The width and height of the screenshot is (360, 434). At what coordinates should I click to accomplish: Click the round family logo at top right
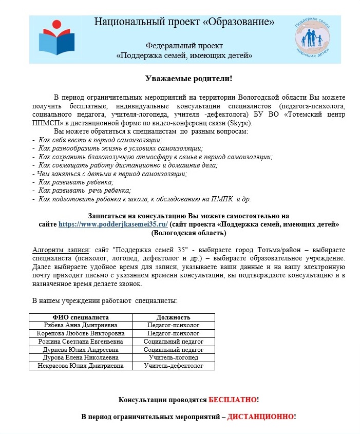(x=312, y=40)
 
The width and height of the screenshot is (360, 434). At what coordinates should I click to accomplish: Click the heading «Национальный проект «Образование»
(x=184, y=22)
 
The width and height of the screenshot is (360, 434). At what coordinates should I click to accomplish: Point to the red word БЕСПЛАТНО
(x=232, y=400)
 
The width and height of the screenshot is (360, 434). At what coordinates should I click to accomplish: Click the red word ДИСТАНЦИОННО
(x=261, y=417)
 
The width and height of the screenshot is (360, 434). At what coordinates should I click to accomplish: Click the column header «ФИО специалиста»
(x=80, y=317)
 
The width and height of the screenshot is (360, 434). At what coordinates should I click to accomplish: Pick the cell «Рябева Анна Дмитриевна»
(x=80, y=325)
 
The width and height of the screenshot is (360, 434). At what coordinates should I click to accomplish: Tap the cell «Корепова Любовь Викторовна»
(x=80, y=333)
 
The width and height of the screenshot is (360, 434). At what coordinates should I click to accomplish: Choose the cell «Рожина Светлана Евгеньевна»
(x=80, y=342)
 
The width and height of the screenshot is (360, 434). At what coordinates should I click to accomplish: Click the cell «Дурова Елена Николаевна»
(x=80, y=357)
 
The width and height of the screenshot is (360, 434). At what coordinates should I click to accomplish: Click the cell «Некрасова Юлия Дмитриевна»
(x=80, y=366)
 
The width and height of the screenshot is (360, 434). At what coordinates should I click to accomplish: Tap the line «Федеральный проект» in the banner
(x=184, y=46)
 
